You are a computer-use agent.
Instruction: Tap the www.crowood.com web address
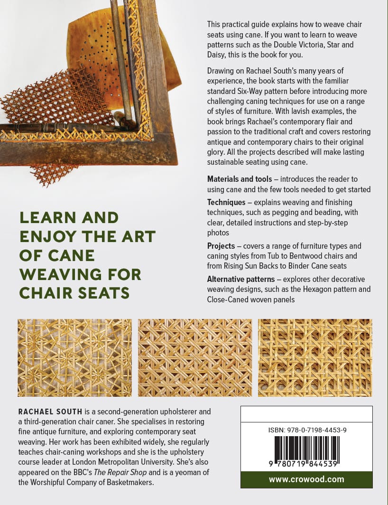306,479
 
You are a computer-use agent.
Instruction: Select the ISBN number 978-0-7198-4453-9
306,430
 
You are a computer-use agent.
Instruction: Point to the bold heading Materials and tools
240,179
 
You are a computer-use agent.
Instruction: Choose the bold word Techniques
226,202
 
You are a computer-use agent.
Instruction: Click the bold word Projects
221,246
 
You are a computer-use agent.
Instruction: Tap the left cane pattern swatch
74,358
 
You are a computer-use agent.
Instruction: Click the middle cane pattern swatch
195,358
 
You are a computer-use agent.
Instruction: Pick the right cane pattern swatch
315,358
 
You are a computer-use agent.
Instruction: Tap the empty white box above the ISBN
306,414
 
